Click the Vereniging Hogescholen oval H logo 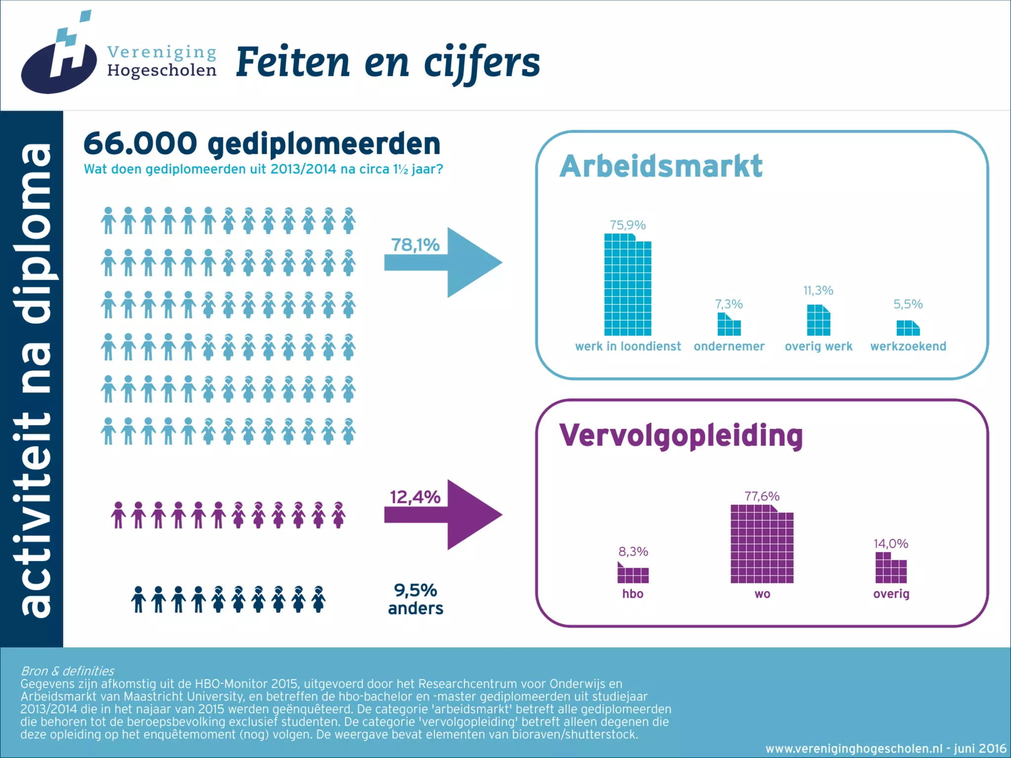[58, 62]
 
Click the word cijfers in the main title [482, 63]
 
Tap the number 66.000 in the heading [140, 144]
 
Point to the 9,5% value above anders [415, 590]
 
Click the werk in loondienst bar [627, 285]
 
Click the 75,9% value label [627, 225]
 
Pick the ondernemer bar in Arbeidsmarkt [729, 325]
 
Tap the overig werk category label [818, 346]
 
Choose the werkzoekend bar [907, 328]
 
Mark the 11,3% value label [818, 290]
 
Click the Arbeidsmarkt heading [661, 166]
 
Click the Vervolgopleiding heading [681, 435]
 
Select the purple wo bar [762, 544]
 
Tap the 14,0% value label [891, 543]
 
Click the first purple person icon [118, 515]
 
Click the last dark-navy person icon [318, 599]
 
